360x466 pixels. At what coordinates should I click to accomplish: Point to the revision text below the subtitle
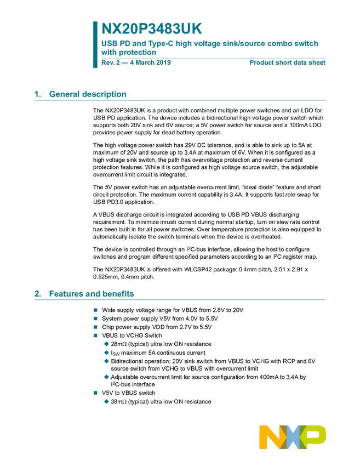(136, 63)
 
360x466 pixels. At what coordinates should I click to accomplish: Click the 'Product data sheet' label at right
(288, 63)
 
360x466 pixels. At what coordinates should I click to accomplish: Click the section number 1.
(37, 94)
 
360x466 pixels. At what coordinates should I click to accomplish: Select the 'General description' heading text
(88, 94)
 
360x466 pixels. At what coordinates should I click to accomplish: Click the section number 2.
(37, 294)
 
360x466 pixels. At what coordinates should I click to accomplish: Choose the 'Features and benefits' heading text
(92, 294)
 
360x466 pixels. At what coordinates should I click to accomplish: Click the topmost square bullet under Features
(95, 310)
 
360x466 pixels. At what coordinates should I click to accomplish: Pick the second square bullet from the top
(95, 318)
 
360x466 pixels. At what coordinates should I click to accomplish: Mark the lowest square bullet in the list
(95, 393)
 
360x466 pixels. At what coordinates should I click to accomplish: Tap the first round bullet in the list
(106, 344)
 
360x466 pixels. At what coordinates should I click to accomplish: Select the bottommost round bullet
(106, 401)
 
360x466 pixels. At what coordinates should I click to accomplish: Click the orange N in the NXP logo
(269, 436)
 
